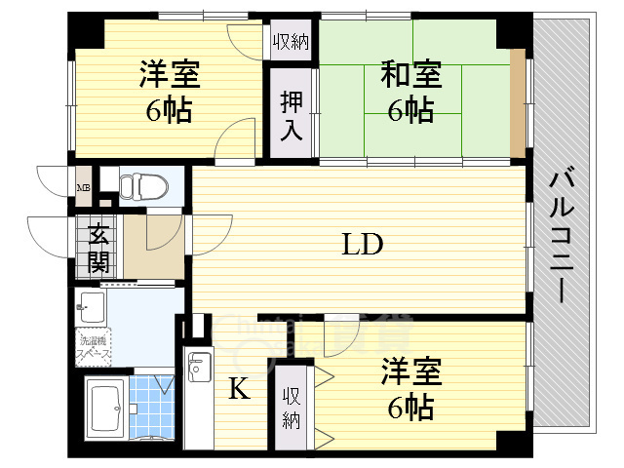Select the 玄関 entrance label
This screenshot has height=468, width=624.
tap(97, 247)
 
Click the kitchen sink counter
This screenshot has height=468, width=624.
tap(198, 390)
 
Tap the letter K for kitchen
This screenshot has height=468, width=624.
tap(238, 390)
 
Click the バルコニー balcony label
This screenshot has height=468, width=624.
tap(562, 234)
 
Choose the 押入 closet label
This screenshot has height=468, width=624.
tap(292, 114)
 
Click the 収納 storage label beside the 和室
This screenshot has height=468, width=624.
tap(292, 41)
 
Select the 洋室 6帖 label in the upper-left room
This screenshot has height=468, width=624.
tap(169, 90)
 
